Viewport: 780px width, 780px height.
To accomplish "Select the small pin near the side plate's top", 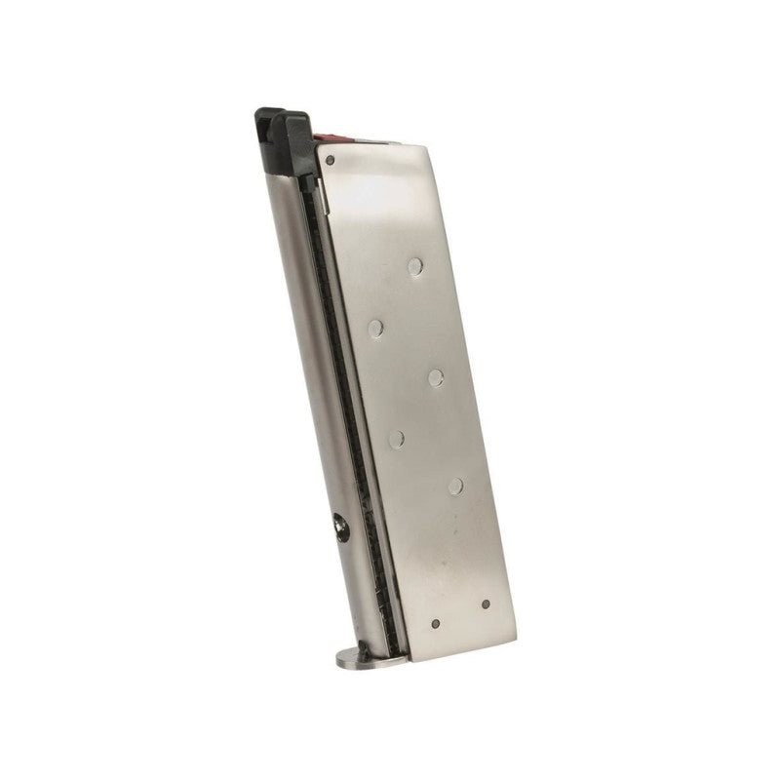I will tap(331, 160).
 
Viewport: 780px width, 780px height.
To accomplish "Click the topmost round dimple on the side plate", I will tap(416, 263).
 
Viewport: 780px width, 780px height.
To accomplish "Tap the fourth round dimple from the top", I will tap(396, 439).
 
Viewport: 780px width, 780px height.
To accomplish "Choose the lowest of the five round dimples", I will tap(455, 485).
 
